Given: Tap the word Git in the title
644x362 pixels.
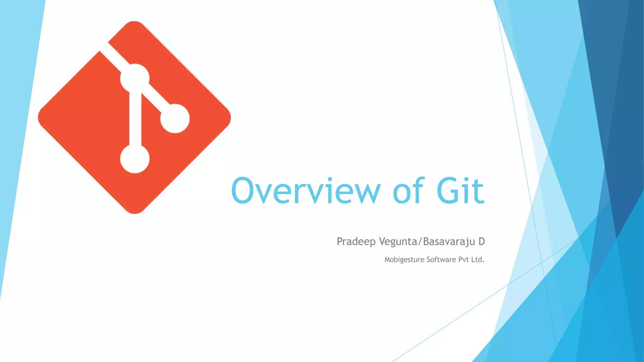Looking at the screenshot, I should pos(460,190).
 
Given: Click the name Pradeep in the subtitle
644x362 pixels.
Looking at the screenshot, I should pos(356,242).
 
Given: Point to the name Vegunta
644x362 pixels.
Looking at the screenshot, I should pos(398,242).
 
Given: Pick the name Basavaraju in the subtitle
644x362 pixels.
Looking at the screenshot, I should pos(449,242).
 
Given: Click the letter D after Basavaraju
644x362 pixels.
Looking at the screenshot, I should pos(481,241).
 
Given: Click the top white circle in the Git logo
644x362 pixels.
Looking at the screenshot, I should pos(135,78).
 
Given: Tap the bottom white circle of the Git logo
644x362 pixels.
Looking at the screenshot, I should pos(135,159).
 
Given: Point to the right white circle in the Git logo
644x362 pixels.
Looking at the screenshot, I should pos(175,118).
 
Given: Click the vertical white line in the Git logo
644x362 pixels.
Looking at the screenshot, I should pos(135,119).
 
